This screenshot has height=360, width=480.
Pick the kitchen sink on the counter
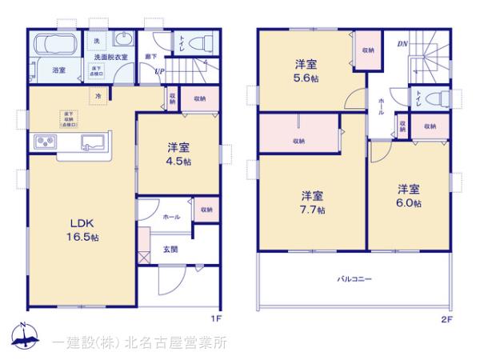pos(92,143)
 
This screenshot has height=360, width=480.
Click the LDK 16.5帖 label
pos(82,230)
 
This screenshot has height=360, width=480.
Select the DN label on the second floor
pos(402,45)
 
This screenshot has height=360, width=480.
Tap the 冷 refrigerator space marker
pos(98,95)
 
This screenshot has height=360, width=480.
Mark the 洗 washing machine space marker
pos(97,41)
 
